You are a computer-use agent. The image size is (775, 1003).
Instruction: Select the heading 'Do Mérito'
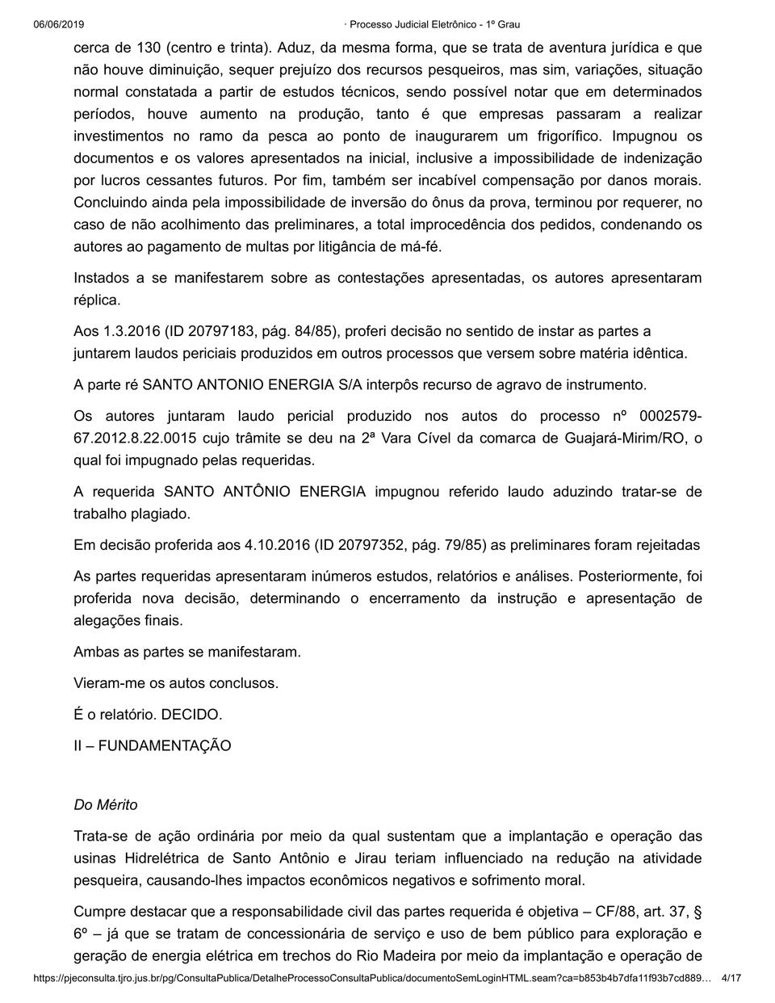[x=106, y=804]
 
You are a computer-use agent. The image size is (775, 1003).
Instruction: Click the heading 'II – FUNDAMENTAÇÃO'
[x=152, y=745]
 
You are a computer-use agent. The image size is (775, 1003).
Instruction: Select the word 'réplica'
[x=96, y=300]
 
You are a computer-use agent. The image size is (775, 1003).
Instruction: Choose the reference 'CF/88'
[x=609, y=911]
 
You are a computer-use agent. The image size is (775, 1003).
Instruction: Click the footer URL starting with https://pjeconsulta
[x=372, y=978]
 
